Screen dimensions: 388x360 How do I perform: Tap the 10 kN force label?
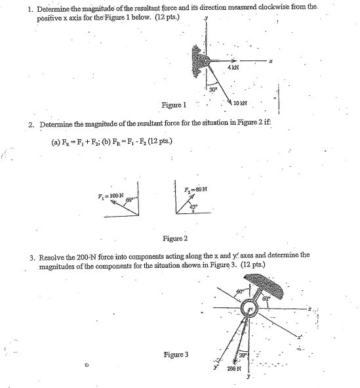coord(241,104)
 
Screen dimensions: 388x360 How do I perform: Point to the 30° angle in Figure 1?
coord(213,89)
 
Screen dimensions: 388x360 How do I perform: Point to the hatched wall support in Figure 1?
coord(198,60)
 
